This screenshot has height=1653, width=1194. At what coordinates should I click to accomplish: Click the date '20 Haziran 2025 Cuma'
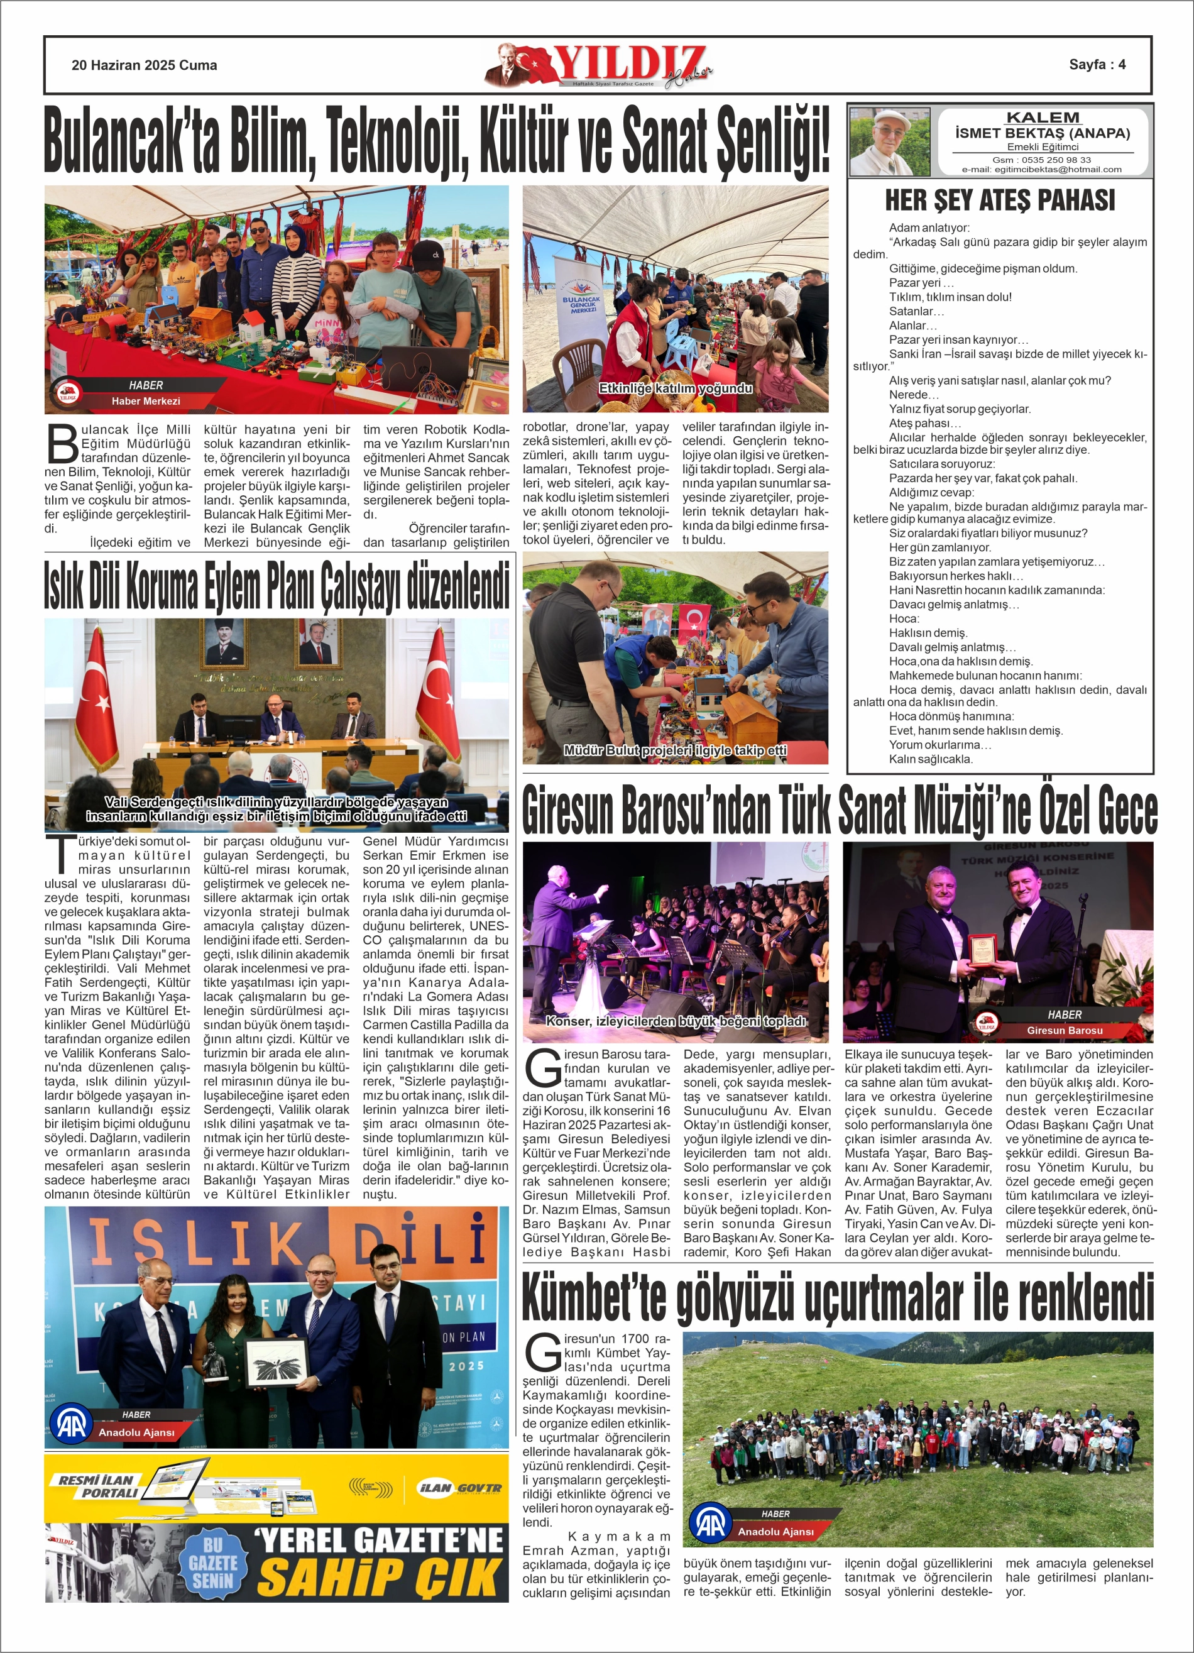(145, 65)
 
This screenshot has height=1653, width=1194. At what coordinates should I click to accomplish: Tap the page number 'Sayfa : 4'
(1097, 64)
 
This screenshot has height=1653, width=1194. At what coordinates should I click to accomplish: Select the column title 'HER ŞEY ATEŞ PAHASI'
(999, 200)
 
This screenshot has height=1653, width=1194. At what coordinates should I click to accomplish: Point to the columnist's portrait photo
(890, 142)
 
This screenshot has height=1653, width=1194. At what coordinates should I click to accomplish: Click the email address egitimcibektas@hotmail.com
(1042, 169)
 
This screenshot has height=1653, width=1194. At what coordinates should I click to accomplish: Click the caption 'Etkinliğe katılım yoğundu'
(675, 388)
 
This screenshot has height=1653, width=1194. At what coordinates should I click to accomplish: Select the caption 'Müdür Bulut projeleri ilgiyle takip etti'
(675, 750)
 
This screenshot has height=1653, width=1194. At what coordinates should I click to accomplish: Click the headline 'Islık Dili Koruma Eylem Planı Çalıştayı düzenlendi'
(277, 586)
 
